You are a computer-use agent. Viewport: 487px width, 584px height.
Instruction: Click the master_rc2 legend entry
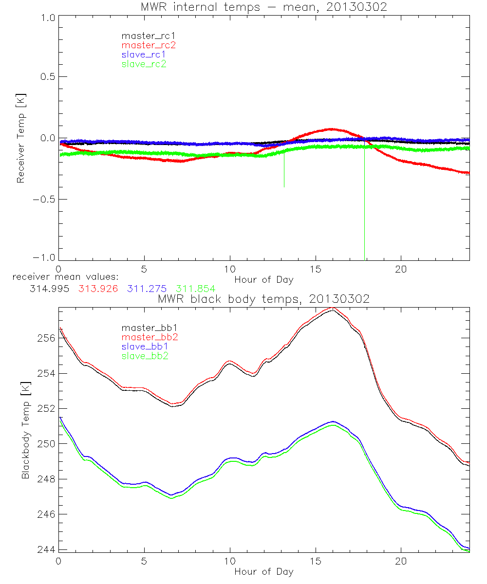pyautogui.click(x=149, y=45)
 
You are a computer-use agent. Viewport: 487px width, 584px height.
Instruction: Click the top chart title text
pyautogui.click(x=263, y=7)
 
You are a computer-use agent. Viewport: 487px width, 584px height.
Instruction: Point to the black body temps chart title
pyautogui.click(x=263, y=299)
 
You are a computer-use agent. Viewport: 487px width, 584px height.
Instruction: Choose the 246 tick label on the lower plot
pyautogui.click(x=47, y=514)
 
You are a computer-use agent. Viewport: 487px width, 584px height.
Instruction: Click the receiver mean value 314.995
pyautogui.click(x=49, y=289)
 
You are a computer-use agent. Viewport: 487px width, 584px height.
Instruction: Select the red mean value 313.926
pyautogui.click(x=98, y=289)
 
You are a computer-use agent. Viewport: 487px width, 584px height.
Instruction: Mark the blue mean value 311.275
pyautogui.click(x=147, y=289)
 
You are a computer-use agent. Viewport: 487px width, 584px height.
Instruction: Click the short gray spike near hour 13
pyautogui.click(x=284, y=170)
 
